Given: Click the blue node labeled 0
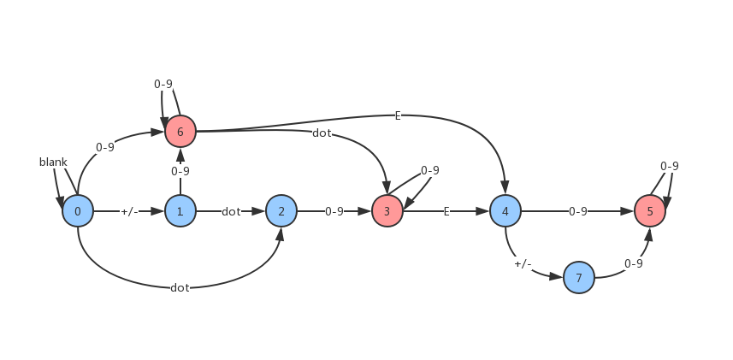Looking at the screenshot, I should pos(78,211).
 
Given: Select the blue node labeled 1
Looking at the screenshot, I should pos(180,211).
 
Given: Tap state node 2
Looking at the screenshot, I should pos(281,211).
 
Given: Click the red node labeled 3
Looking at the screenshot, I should pos(387,211).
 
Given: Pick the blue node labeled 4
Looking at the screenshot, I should pos(505,211).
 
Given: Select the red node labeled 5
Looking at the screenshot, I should pos(650,211).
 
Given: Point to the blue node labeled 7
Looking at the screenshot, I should pos(579,278).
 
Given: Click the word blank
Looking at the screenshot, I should pos(53,162).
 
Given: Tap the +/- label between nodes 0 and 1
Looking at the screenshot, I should pos(129,211).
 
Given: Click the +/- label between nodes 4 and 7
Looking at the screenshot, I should pos(523,264).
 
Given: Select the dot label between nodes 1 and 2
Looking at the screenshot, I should pos(231,211).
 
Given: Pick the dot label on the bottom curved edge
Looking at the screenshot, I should pos(180,287).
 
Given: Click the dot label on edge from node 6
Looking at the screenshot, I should pos(322,133).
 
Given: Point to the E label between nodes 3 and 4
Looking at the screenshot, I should pos(446,211).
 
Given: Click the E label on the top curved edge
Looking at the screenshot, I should pos(398,115).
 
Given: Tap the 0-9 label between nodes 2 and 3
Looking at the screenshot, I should pos(334,211).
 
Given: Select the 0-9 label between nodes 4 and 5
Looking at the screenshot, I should pos(578,211).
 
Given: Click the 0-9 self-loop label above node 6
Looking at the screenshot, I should pos(163,84).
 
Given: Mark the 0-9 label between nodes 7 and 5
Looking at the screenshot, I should pos(634,263).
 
